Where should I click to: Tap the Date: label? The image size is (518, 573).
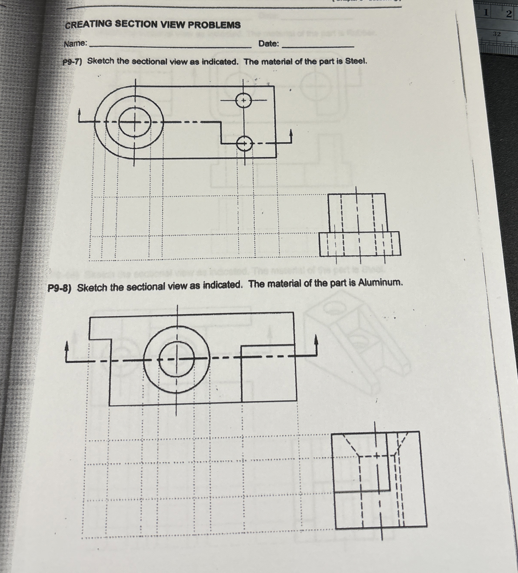pos(269,44)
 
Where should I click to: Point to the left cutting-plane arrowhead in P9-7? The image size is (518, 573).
pos(80,113)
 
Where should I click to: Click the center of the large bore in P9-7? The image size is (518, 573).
pos(134,122)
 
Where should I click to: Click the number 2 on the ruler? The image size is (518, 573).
pos(509,14)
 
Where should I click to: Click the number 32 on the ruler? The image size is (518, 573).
pos(496,34)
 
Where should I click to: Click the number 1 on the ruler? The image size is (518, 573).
pos(487,13)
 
